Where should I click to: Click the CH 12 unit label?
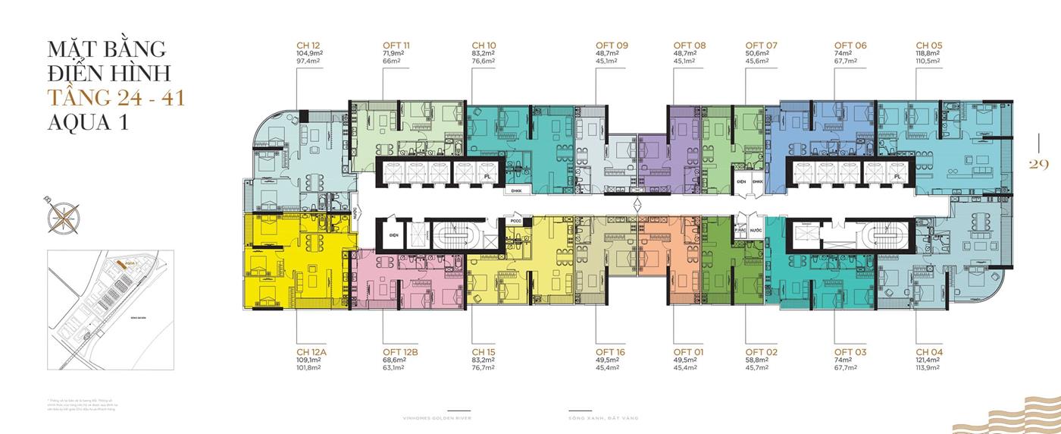pos(309,46)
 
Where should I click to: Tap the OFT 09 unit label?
pos(612,46)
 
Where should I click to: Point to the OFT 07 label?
pos(762,46)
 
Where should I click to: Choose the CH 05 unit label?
pos(929,46)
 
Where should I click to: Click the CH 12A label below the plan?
pos(311,352)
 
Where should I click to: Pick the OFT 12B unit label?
pos(401,352)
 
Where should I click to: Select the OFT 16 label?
pos(611,352)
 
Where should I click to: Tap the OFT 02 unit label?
pos(762,352)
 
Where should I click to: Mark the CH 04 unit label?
pos(929,352)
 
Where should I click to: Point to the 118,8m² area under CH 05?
pos(929,54)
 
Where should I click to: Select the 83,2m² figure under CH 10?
pos(483,54)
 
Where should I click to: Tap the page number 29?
pos(1038,165)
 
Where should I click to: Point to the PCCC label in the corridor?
pos(517,222)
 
